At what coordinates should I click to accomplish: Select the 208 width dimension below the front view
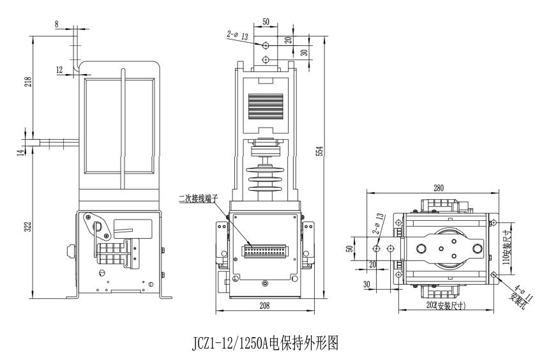264,306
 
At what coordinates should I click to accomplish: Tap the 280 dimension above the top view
437,188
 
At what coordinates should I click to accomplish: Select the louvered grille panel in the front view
266,105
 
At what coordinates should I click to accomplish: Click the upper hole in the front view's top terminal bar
266,45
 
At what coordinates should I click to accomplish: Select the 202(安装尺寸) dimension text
457,306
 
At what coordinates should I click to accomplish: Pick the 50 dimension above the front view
266,22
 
